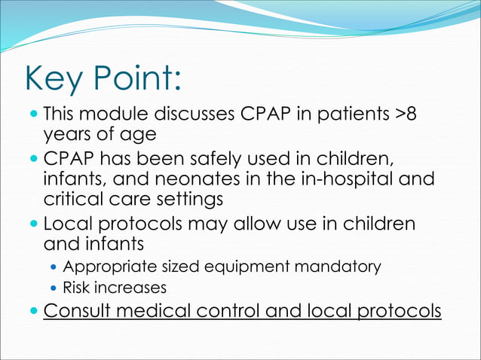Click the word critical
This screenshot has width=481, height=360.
[72, 200]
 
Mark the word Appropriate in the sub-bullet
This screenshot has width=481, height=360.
[106, 267]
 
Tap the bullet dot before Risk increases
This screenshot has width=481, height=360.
[53, 288]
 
